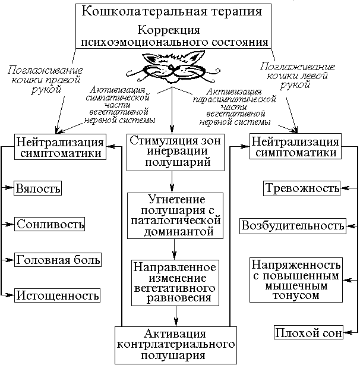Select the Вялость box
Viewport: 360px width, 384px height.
(39, 188)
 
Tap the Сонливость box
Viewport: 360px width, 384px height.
(50, 224)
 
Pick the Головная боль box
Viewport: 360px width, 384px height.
(58, 260)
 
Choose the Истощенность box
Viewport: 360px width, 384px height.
(57, 295)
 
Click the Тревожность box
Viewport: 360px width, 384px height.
(302, 188)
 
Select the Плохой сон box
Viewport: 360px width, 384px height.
(308, 333)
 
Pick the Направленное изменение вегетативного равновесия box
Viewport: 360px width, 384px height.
(175, 282)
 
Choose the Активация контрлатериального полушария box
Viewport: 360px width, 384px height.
(175, 344)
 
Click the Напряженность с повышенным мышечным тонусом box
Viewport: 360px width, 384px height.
(295, 279)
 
